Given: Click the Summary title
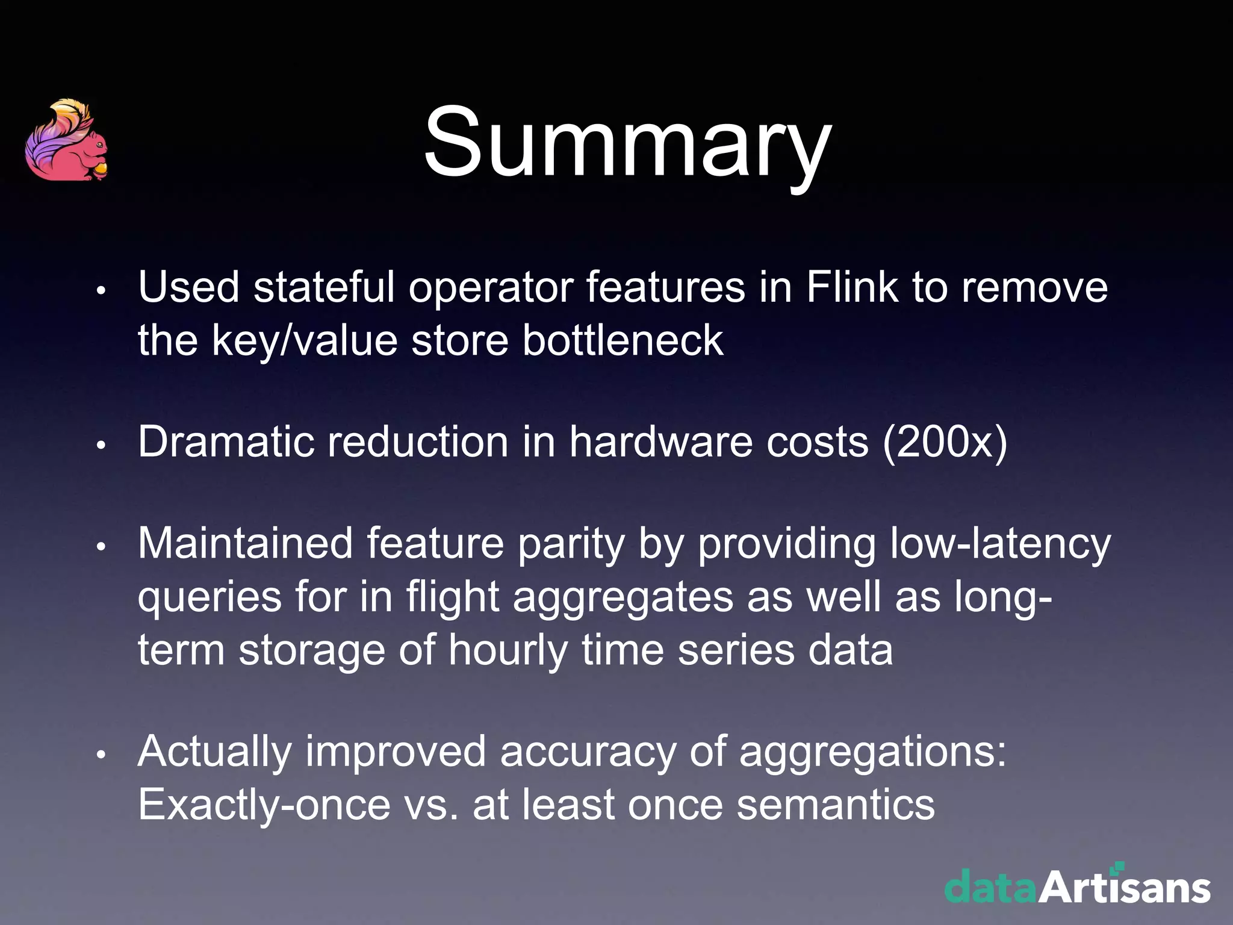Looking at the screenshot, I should (627, 143).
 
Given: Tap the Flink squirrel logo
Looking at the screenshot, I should (67, 141).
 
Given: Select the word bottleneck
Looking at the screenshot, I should (623, 340).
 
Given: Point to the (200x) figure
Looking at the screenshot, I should (945, 443).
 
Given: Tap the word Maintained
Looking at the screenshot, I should (245, 543).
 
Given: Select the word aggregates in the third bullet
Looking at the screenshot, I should (623, 598).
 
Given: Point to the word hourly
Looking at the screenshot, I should (508, 651).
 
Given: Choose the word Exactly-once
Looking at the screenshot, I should (264, 805).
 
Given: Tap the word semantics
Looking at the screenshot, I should (836, 805).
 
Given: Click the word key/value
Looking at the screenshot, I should (305, 341).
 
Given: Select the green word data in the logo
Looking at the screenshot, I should (990, 888).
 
